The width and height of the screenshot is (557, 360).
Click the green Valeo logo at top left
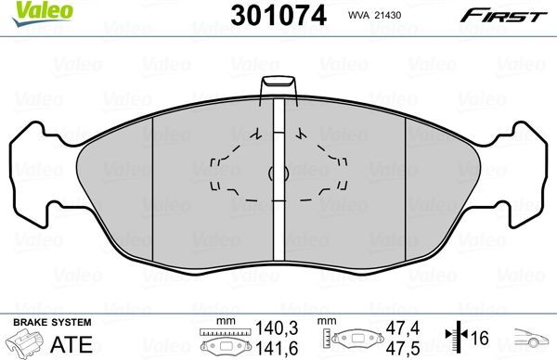[x=28, y=11]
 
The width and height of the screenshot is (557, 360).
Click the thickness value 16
[x=481, y=337]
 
